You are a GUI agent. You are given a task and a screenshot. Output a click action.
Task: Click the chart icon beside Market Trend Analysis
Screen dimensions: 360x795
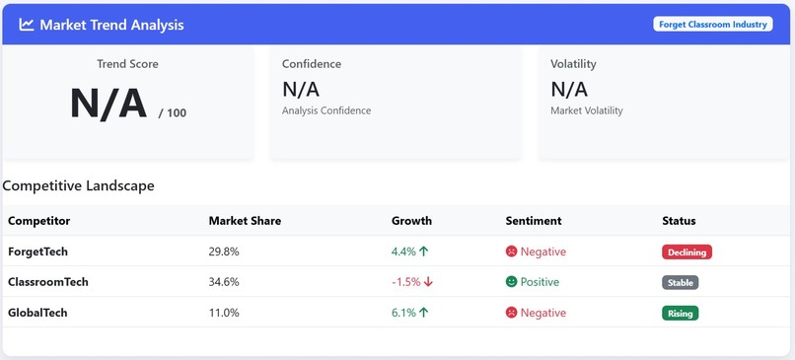pos(27,25)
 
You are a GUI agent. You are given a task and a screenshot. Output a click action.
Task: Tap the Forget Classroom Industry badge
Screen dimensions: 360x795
pos(712,25)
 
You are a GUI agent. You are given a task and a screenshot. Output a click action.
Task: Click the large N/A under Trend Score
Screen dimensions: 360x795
pos(108,105)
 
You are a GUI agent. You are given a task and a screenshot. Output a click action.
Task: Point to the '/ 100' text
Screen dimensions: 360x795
pos(172,113)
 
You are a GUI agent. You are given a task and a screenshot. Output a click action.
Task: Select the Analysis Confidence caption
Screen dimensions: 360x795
pos(326,110)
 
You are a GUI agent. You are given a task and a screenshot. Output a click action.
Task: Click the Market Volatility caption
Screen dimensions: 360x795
pos(586,110)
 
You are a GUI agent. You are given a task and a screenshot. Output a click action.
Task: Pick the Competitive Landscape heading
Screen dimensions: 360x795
pos(78,185)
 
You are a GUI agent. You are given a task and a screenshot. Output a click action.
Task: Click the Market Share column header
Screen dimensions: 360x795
pos(245,221)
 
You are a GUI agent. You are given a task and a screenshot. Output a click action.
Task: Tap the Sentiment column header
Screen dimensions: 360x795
pos(533,221)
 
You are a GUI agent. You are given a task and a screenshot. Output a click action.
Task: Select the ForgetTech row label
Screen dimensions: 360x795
pos(37,252)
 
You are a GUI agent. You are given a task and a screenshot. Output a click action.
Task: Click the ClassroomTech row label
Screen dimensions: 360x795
pos(48,282)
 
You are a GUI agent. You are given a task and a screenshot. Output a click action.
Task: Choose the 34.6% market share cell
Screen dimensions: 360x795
pos(224,282)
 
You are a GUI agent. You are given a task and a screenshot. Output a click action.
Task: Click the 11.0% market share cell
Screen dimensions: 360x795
pos(224,313)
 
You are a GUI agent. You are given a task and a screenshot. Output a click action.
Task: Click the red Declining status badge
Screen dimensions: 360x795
pos(687,252)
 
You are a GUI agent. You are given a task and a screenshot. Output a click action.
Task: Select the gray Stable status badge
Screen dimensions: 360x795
pos(680,283)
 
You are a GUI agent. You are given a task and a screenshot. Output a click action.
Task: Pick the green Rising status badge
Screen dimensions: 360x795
pos(680,314)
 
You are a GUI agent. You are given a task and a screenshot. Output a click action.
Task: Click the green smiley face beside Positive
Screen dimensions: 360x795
pos(511,282)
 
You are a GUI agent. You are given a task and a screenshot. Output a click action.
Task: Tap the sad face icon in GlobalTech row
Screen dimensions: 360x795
pos(511,313)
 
